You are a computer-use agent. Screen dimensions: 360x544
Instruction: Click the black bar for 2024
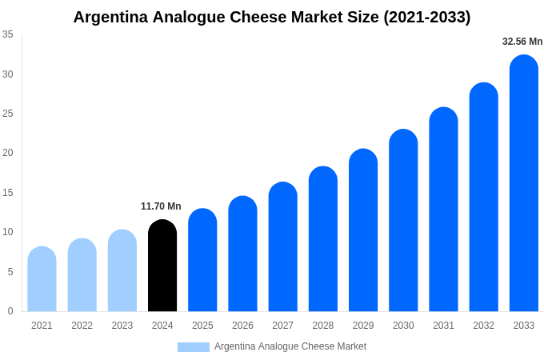(162, 266)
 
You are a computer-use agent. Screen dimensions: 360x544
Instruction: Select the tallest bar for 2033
(523, 183)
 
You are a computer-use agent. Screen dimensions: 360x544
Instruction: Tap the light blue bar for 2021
(42, 279)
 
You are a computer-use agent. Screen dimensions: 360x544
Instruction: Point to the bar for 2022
(82, 275)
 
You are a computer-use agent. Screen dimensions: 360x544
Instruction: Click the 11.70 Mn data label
(161, 206)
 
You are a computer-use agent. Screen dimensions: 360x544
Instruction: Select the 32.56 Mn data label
(522, 42)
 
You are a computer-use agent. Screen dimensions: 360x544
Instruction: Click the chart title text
(272, 17)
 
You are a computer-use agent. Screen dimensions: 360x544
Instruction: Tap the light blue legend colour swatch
(193, 347)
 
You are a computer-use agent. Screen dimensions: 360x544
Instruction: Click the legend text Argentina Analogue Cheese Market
(290, 346)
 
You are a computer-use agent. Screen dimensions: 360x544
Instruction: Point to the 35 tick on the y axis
(8, 34)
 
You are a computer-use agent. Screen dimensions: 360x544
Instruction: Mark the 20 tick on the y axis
(8, 153)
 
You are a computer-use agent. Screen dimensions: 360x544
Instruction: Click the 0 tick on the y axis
(10, 311)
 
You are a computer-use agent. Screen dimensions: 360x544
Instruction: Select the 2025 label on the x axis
(202, 326)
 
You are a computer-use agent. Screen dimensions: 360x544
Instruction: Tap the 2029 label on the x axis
(363, 326)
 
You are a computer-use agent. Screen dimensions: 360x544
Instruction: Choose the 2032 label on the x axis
(483, 326)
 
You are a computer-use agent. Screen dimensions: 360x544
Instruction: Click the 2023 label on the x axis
(122, 326)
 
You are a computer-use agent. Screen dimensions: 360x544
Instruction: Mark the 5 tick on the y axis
(10, 272)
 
